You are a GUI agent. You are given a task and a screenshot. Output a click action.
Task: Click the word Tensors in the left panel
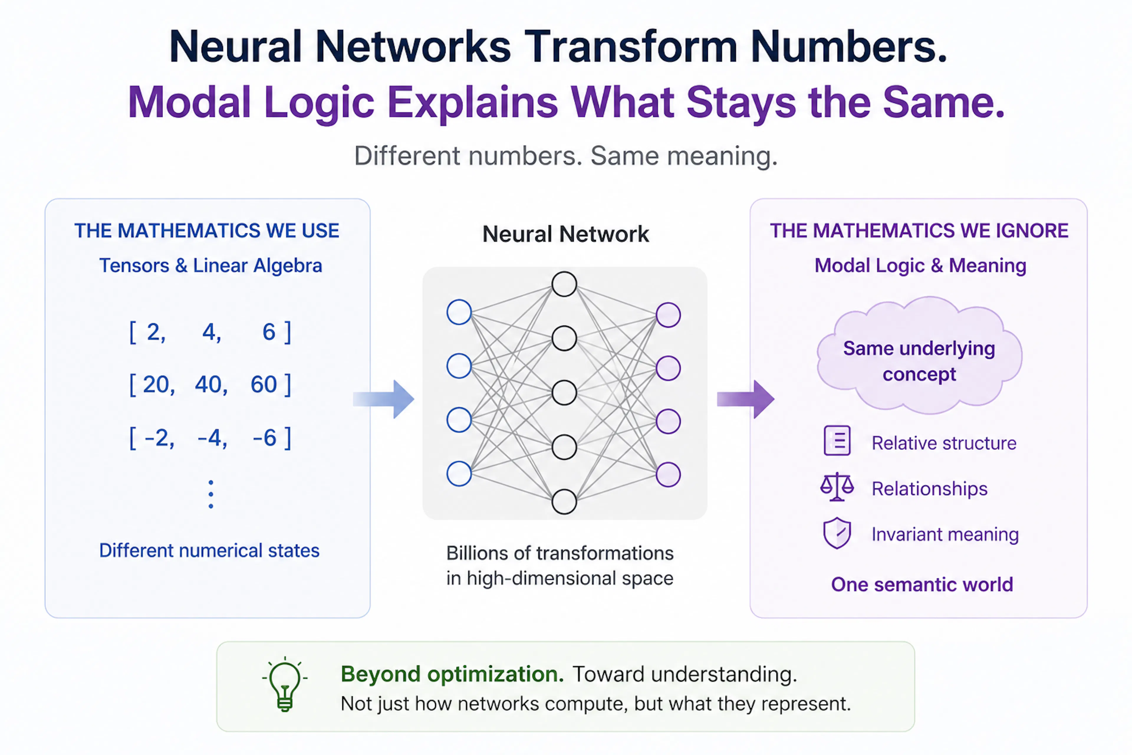pyautogui.click(x=134, y=265)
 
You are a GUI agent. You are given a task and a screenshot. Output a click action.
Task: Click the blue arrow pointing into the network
pyautogui.click(x=384, y=399)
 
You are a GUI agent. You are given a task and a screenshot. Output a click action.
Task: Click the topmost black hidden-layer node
pyautogui.click(x=564, y=284)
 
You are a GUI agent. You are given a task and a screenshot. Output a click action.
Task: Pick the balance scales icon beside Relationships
pyautogui.click(x=837, y=487)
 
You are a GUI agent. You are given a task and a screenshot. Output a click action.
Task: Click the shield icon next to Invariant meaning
pyautogui.click(x=837, y=533)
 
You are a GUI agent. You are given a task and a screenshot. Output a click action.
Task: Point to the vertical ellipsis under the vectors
pyautogui.click(x=211, y=494)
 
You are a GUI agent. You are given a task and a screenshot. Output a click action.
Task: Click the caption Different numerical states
pyautogui.click(x=209, y=550)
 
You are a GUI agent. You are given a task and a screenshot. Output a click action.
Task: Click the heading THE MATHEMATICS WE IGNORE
pyautogui.click(x=919, y=231)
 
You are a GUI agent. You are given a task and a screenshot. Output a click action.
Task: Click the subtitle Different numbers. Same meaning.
pyautogui.click(x=566, y=156)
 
